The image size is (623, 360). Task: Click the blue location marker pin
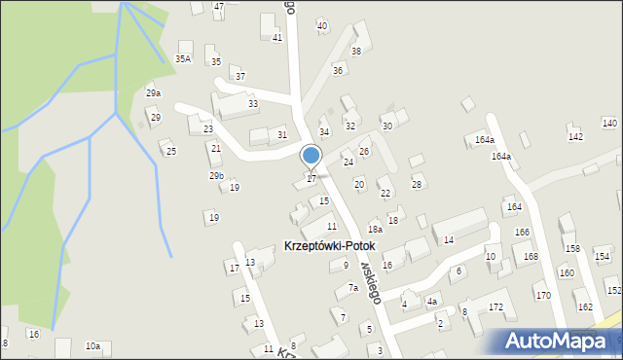(311, 157)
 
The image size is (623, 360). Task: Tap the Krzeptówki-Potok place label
(328, 246)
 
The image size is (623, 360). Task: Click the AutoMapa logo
(555, 341)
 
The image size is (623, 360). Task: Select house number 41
(277, 37)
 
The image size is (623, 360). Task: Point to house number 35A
(182, 58)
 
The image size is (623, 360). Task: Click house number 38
(356, 51)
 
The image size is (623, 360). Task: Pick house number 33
(253, 103)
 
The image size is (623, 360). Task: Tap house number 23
(207, 128)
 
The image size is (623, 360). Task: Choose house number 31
(282, 134)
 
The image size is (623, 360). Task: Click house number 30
(386, 126)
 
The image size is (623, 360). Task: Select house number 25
(171, 151)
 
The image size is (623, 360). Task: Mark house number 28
(417, 184)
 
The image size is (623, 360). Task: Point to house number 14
(449, 239)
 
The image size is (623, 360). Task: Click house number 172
(495, 306)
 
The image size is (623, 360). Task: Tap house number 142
(575, 136)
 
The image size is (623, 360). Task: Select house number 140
(609, 123)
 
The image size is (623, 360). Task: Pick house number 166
(522, 232)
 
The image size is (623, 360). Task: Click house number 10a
(92, 345)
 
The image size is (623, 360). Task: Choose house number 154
(602, 256)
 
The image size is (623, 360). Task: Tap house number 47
(219, 6)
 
